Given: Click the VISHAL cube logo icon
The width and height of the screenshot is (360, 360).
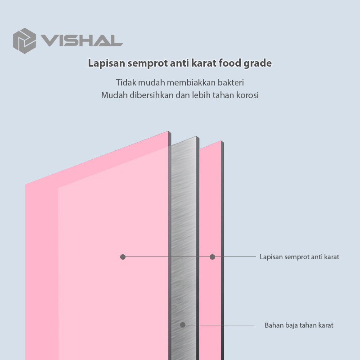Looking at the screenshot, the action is [x=24, y=39].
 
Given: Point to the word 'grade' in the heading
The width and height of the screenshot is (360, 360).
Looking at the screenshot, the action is [x=260, y=63].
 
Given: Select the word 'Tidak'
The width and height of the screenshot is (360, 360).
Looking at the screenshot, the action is [x=126, y=82].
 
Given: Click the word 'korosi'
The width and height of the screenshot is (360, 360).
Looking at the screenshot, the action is [x=247, y=95].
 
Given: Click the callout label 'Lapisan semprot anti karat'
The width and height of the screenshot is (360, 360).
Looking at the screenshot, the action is [x=299, y=257].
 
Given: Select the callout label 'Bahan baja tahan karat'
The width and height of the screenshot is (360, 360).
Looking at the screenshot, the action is [x=299, y=325].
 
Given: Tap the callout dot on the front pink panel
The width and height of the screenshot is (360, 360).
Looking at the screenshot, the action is [x=123, y=257].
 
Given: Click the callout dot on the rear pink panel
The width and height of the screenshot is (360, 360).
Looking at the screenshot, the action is [x=212, y=257].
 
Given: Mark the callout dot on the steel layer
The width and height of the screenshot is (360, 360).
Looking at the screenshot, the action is [x=183, y=325].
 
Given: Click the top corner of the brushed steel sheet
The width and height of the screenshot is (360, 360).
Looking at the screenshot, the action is [x=196, y=137].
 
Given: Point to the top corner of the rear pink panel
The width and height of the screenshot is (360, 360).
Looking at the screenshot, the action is [x=221, y=141].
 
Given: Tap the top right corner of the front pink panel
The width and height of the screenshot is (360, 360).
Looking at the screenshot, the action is [x=168, y=131].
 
